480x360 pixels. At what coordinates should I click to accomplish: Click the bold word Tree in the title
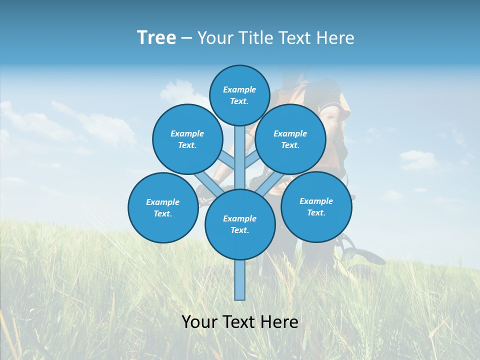(x=156, y=38)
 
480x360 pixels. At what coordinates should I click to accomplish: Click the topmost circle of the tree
(x=239, y=95)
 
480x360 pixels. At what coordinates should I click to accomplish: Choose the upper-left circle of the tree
(x=187, y=139)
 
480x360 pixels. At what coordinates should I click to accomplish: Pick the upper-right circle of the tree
(x=290, y=139)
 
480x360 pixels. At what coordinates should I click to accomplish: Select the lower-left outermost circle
(x=162, y=207)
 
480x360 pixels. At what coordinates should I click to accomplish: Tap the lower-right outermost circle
(x=316, y=206)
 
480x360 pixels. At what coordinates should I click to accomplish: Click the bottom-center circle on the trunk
(x=240, y=224)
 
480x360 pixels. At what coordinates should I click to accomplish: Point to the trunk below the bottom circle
(x=240, y=280)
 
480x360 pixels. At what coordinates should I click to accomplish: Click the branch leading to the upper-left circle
(x=227, y=160)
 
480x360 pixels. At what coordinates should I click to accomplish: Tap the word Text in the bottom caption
(x=239, y=322)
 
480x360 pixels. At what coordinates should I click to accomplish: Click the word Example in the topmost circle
(x=239, y=89)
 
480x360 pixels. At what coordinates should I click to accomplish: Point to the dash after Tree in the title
(x=186, y=38)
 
